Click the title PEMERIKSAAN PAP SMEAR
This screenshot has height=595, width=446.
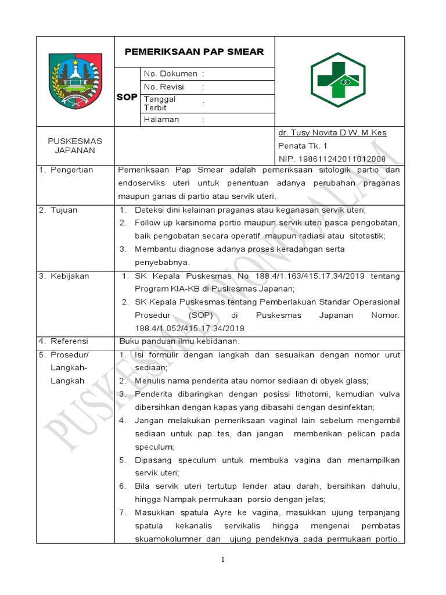(x=194, y=52)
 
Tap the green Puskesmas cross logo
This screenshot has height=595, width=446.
(x=339, y=81)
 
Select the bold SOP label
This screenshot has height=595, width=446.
(x=127, y=97)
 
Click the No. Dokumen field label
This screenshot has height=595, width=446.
(x=171, y=74)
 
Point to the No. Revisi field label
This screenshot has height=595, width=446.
(x=164, y=87)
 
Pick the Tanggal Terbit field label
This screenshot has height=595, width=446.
(x=160, y=103)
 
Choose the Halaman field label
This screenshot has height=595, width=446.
(x=161, y=120)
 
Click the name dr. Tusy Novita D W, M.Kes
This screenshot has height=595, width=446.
(x=332, y=133)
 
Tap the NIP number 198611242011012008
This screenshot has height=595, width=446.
(x=332, y=158)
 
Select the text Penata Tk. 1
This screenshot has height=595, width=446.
(x=303, y=146)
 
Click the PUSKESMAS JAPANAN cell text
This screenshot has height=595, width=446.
(x=75, y=146)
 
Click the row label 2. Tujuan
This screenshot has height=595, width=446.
(x=58, y=210)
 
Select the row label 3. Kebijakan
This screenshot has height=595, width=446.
(x=64, y=276)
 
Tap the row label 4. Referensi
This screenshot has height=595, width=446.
(x=63, y=341)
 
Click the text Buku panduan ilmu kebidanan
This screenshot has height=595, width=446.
(x=179, y=341)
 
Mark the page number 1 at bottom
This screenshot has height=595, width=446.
(x=222, y=560)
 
